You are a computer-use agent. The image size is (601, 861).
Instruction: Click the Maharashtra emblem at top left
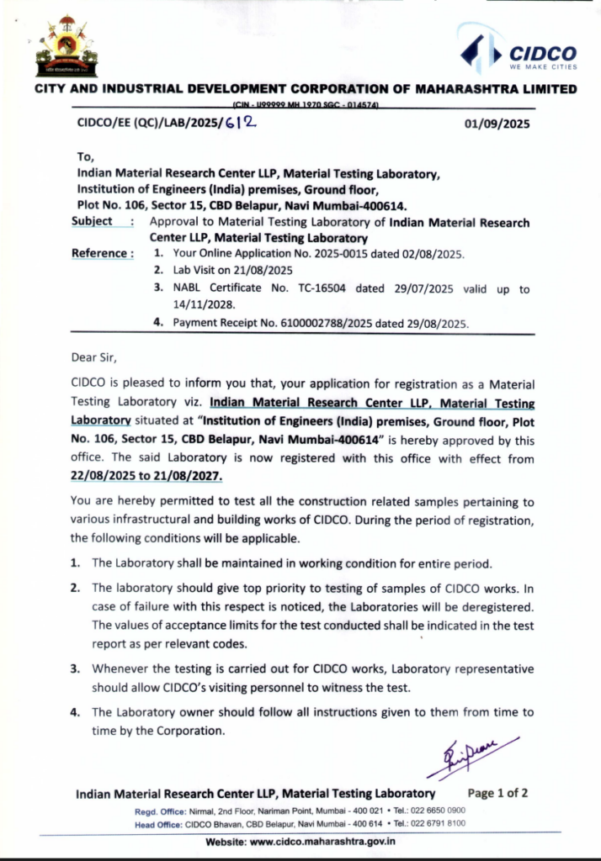(x=66, y=47)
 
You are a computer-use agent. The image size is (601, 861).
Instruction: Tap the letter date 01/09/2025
(x=497, y=124)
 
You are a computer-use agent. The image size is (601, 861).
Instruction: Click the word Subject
(x=92, y=221)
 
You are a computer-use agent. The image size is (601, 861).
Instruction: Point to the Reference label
(x=102, y=253)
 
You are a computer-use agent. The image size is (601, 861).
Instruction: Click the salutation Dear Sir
(x=95, y=357)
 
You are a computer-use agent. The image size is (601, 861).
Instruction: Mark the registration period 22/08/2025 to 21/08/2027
(x=147, y=476)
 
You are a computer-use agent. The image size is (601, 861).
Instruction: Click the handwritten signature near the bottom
(x=466, y=755)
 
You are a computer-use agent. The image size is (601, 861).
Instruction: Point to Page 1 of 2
(x=497, y=793)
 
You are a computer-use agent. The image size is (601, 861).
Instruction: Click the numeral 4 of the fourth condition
(x=75, y=712)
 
